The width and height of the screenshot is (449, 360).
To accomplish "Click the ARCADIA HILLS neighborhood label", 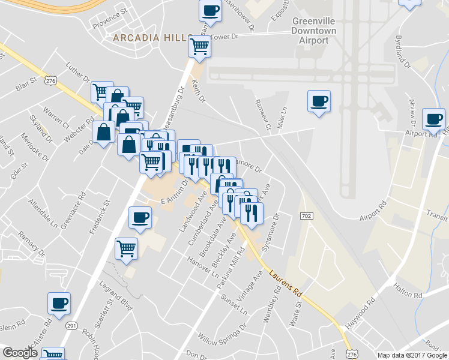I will click(x=152, y=38).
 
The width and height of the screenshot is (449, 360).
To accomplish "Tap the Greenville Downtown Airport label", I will click(x=313, y=31).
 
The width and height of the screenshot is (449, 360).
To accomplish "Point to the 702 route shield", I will click(x=306, y=215).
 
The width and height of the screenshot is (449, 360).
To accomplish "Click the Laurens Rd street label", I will click(x=285, y=283).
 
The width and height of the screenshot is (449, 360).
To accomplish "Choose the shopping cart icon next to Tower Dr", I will click(x=199, y=46).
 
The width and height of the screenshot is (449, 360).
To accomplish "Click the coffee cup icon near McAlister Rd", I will click(x=59, y=304).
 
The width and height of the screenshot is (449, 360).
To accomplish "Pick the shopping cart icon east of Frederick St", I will click(x=127, y=248).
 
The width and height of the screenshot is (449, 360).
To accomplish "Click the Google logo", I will click(x=20, y=353).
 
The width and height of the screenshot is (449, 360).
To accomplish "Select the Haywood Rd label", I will click(x=358, y=316).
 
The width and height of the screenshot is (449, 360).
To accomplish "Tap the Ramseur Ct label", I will click(x=262, y=114).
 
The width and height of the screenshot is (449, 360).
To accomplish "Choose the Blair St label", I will click(x=27, y=83).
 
